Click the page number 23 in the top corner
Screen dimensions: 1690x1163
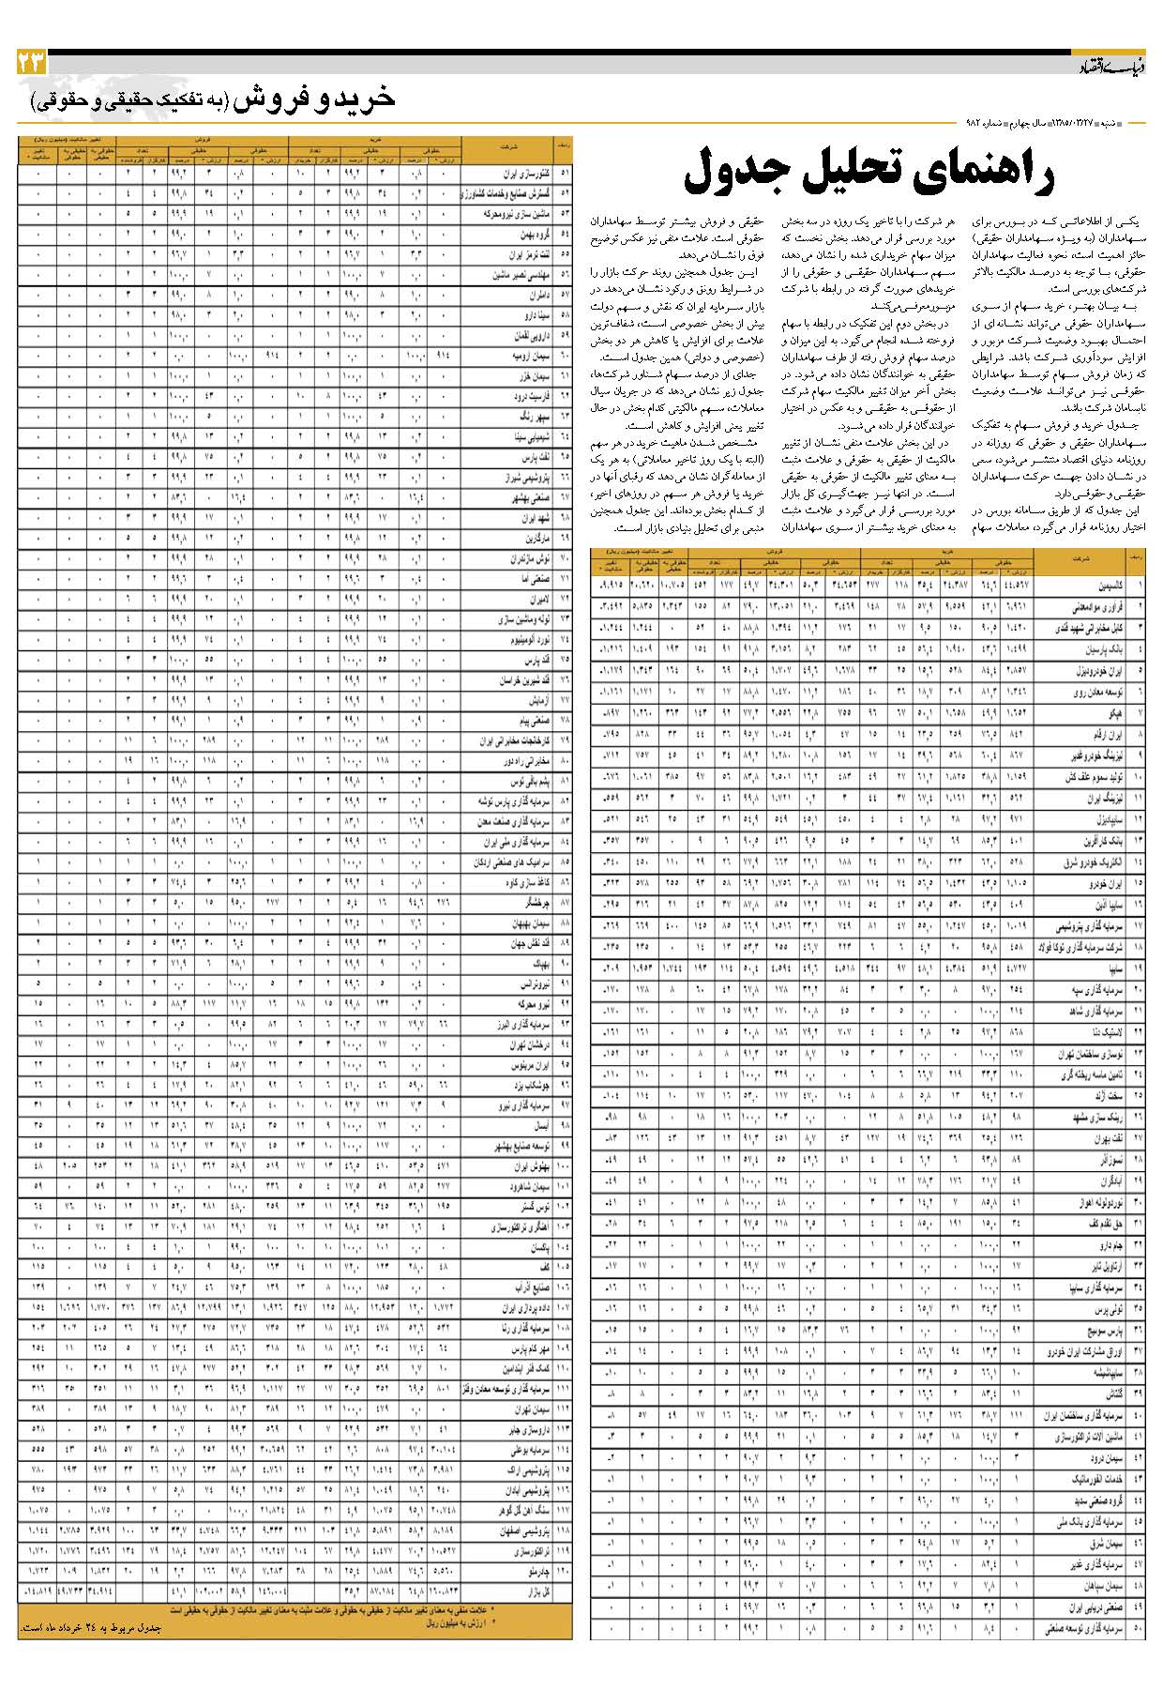coord(31,64)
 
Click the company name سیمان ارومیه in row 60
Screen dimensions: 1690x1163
coord(526,357)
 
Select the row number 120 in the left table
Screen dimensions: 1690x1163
coord(563,1572)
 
